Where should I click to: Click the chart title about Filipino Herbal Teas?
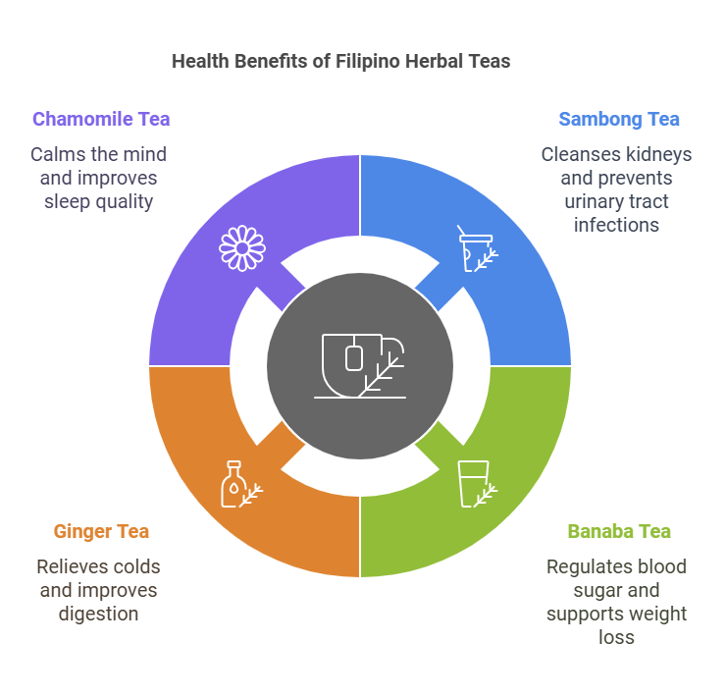(340, 61)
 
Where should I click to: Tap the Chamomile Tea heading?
(101, 119)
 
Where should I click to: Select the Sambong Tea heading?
(618, 119)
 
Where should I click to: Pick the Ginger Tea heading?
(101, 531)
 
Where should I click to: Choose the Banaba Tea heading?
(619, 531)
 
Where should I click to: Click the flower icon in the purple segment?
(241, 248)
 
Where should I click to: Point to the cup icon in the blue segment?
(478, 248)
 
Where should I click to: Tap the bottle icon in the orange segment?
(239, 484)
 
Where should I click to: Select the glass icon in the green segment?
(477, 484)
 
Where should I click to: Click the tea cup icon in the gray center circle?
(360, 366)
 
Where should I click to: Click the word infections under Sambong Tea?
(617, 225)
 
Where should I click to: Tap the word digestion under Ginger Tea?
(97, 614)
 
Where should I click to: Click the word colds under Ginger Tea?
(137, 566)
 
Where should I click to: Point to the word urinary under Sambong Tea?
(594, 201)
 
